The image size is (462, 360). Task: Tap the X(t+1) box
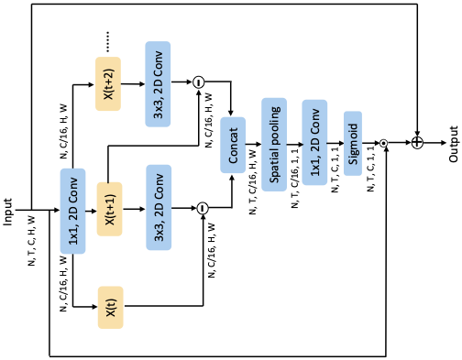109,209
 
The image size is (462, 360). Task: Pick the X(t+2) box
109,83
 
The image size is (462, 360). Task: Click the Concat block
233,145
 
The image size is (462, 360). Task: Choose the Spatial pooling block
274,143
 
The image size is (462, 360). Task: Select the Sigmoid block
354,143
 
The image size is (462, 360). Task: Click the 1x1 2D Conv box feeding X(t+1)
72,210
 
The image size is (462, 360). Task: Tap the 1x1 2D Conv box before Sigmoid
314,143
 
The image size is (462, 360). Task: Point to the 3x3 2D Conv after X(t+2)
158,83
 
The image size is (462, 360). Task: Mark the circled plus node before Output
417,144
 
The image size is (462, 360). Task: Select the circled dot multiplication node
384,144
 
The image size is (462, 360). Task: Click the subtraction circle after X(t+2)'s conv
198,83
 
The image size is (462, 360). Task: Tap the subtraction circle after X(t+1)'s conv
202,209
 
